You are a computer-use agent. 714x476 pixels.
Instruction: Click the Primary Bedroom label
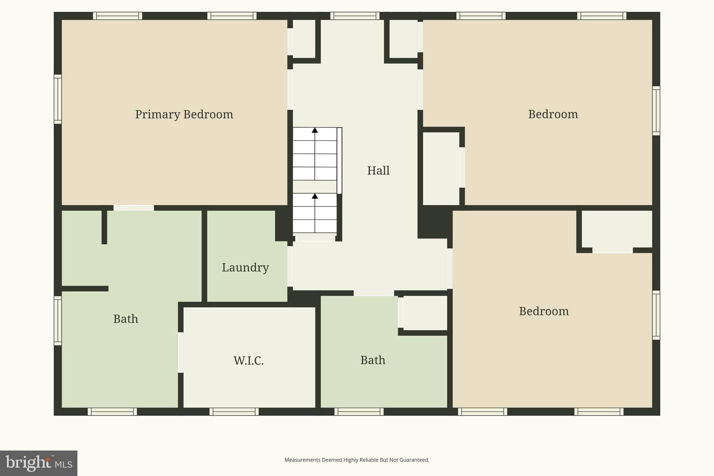coord(184,114)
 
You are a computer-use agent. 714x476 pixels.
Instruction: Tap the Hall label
coord(378,171)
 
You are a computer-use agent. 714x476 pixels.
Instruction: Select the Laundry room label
coord(245,267)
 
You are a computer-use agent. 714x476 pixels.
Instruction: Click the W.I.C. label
coord(249,361)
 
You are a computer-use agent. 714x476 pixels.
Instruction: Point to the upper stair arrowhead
coord(315,130)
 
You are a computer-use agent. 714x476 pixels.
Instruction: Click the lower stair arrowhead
coord(315,196)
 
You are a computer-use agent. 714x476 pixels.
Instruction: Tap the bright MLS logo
coord(39,463)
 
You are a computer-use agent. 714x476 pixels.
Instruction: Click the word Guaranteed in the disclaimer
coord(415,460)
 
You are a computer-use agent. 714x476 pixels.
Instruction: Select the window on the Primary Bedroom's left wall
coord(58,99)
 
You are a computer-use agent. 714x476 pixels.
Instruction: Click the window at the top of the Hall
coord(355,16)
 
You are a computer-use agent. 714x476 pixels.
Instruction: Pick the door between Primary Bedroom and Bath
coord(134,208)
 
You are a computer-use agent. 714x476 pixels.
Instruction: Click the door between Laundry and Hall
coord(290,266)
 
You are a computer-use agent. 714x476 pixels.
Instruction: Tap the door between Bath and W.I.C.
coord(181,352)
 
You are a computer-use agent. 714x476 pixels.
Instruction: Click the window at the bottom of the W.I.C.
coord(234,411)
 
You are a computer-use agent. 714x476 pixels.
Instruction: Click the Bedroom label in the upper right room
coord(553,114)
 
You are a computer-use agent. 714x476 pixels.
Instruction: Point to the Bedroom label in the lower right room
coord(544,311)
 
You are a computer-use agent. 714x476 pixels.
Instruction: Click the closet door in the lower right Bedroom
coord(613,250)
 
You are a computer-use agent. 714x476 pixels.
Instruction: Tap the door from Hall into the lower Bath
coord(374,293)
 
